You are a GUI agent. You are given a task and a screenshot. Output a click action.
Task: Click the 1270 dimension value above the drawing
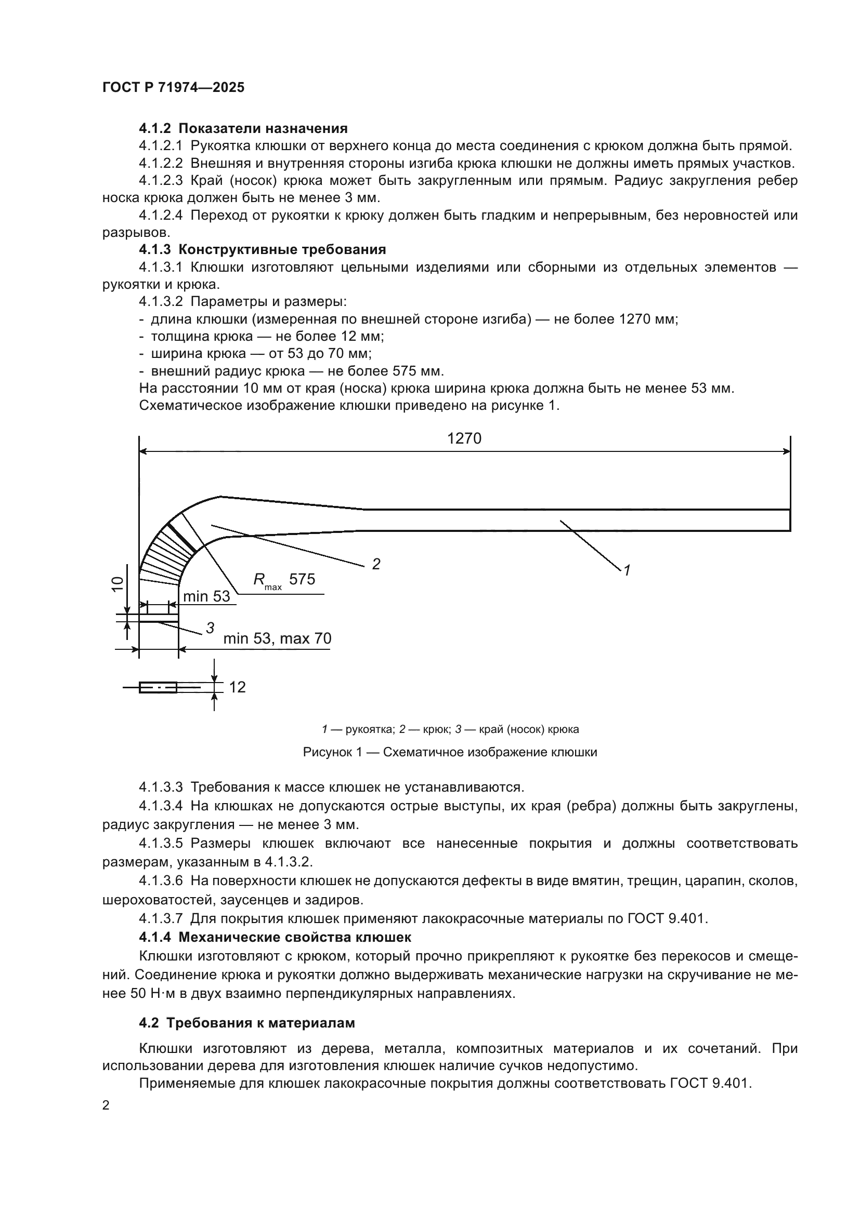pyautogui.click(x=464, y=438)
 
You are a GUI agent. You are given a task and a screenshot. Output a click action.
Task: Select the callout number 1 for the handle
pyautogui.click(x=627, y=570)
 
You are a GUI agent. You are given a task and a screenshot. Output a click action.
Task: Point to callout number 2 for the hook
pyautogui.click(x=376, y=564)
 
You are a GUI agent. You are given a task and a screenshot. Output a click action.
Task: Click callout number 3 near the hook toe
pyautogui.click(x=210, y=628)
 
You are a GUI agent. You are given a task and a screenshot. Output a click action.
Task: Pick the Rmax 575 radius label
pyautogui.click(x=284, y=580)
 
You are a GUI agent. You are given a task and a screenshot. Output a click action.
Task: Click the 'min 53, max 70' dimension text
pyautogui.click(x=277, y=638)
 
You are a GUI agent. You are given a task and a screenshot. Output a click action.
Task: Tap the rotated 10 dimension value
pyautogui.click(x=118, y=584)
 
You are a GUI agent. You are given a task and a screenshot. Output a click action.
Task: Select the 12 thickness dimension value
pyautogui.click(x=237, y=687)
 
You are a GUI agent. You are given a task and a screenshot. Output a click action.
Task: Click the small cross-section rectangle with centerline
pyautogui.click(x=158, y=687)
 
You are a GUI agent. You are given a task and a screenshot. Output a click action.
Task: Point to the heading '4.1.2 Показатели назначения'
pyautogui.click(x=243, y=129)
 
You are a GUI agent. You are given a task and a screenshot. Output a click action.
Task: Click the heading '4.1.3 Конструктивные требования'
pyautogui.click(x=262, y=250)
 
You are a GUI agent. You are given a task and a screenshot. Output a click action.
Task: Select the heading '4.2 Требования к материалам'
pyautogui.click(x=247, y=1023)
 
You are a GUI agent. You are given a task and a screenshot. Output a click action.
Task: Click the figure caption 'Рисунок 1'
pyautogui.click(x=450, y=752)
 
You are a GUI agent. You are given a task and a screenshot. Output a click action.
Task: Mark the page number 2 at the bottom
pyautogui.click(x=106, y=1105)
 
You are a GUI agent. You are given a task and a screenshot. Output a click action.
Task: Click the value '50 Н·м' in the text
pyautogui.click(x=148, y=993)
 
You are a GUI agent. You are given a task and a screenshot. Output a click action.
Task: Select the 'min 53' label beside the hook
pyautogui.click(x=206, y=596)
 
